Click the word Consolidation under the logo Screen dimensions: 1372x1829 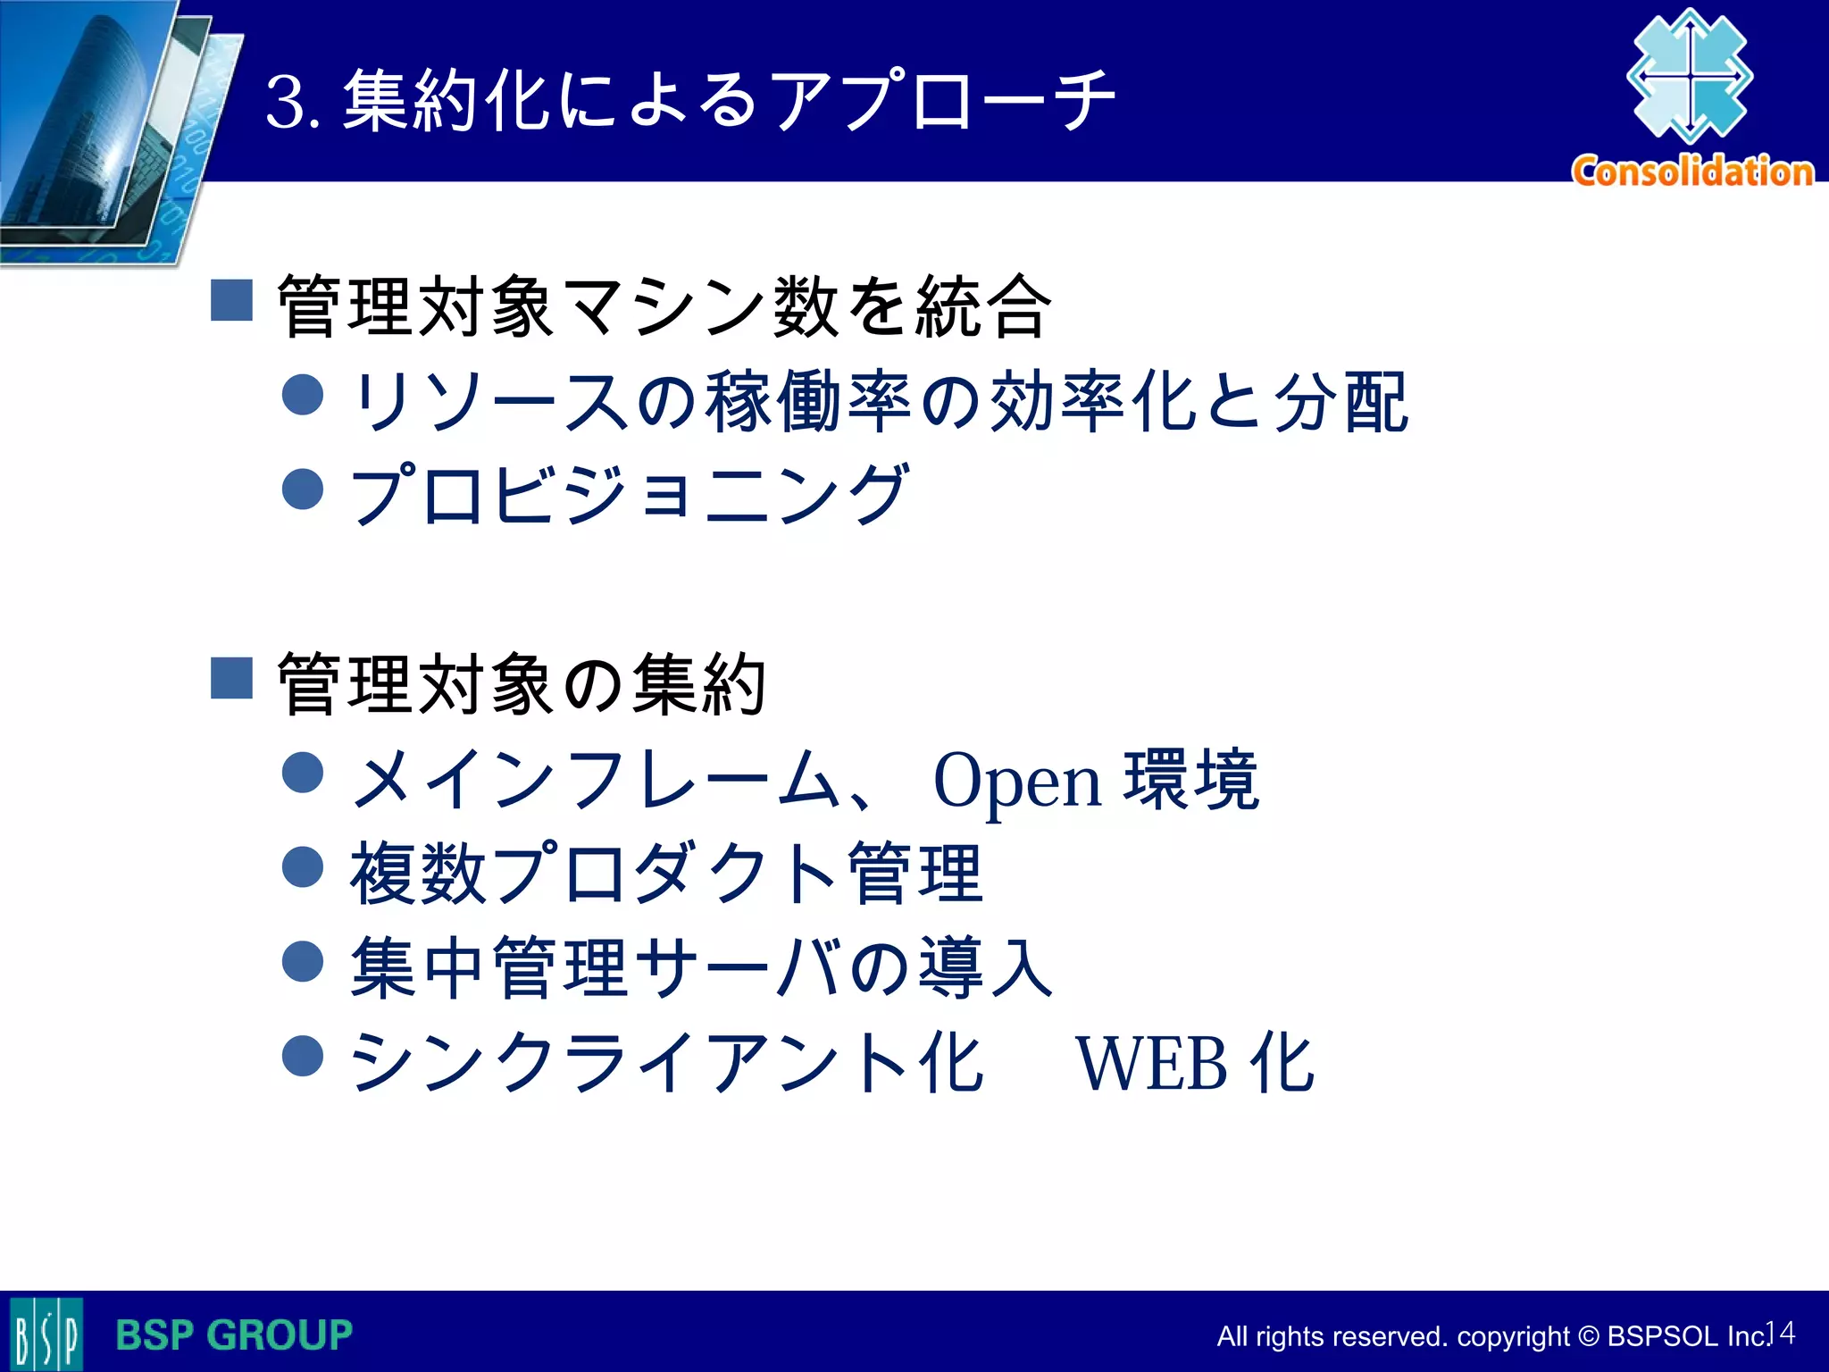tap(1692, 171)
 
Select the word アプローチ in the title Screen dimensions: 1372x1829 tap(942, 100)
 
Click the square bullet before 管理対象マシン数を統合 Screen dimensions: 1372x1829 tap(232, 300)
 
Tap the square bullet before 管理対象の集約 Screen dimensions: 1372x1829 tap(232, 678)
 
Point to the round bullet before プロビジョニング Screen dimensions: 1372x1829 tap(303, 489)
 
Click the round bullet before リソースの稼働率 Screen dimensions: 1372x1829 tap(303, 395)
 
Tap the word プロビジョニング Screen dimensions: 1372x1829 tap(630, 493)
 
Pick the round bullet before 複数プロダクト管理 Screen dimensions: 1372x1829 tap(303, 867)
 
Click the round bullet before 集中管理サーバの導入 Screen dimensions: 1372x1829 tap(303, 961)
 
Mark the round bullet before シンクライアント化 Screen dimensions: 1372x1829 tap(303, 1056)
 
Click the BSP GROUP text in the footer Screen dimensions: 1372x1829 tap(234, 1335)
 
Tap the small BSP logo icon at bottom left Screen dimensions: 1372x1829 tap(46, 1335)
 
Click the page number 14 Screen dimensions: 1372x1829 tap(1781, 1333)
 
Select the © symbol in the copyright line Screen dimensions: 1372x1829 tap(1589, 1336)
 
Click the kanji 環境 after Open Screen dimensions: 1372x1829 tap(1191, 780)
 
